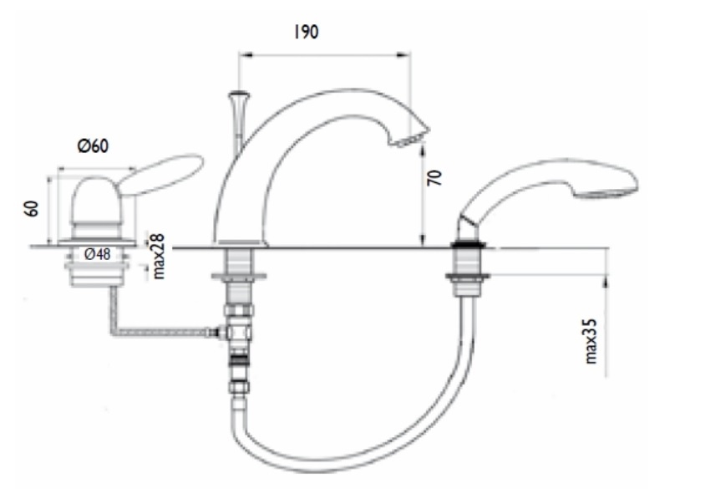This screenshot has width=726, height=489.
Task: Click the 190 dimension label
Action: [x=306, y=32]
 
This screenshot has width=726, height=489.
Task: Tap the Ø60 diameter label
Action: [x=93, y=146]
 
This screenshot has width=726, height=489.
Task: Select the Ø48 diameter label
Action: [x=98, y=254]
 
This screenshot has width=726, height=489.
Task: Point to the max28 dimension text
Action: [x=158, y=256]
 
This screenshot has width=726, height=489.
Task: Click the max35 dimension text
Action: [x=591, y=341]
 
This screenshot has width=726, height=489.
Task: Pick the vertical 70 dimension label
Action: [x=434, y=178]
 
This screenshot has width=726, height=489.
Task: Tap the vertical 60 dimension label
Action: [x=32, y=208]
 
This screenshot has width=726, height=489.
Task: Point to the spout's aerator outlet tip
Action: [x=412, y=138]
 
